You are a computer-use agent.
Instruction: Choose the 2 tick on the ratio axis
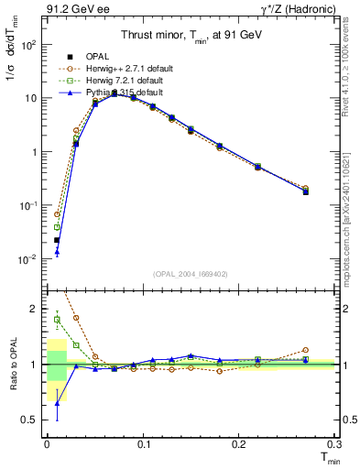click(x=33, y=309)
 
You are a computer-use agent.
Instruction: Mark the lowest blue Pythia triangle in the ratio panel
click(x=57, y=403)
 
